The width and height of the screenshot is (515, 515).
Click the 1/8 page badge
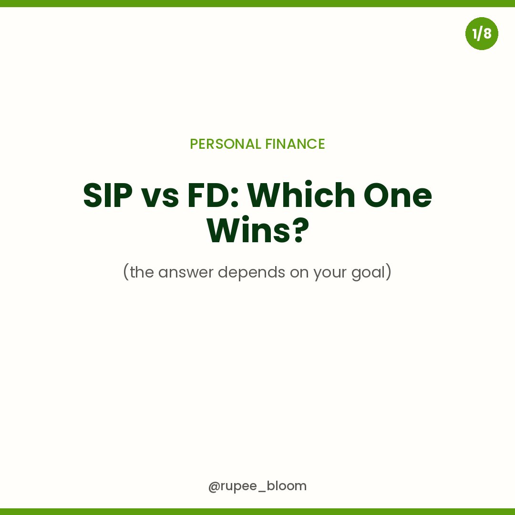pos(482,33)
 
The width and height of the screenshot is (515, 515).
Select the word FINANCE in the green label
pos(295,144)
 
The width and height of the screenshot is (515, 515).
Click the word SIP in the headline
pos(108,196)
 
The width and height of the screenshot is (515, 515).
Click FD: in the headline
pos(213,196)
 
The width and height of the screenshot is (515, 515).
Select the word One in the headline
pos(398,196)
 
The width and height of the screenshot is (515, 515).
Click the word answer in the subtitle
pos(186,273)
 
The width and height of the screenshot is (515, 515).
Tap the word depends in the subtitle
pos(252,273)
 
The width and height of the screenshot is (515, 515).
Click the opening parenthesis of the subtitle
pos(126,272)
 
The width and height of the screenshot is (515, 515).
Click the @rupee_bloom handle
pos(257,486)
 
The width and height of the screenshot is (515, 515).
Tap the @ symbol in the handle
pos(214,486)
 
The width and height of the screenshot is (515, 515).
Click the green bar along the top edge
pos(257,3)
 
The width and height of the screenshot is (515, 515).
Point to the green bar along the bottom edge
pos(257,512)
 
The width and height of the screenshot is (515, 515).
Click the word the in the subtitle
pos(142,272)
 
